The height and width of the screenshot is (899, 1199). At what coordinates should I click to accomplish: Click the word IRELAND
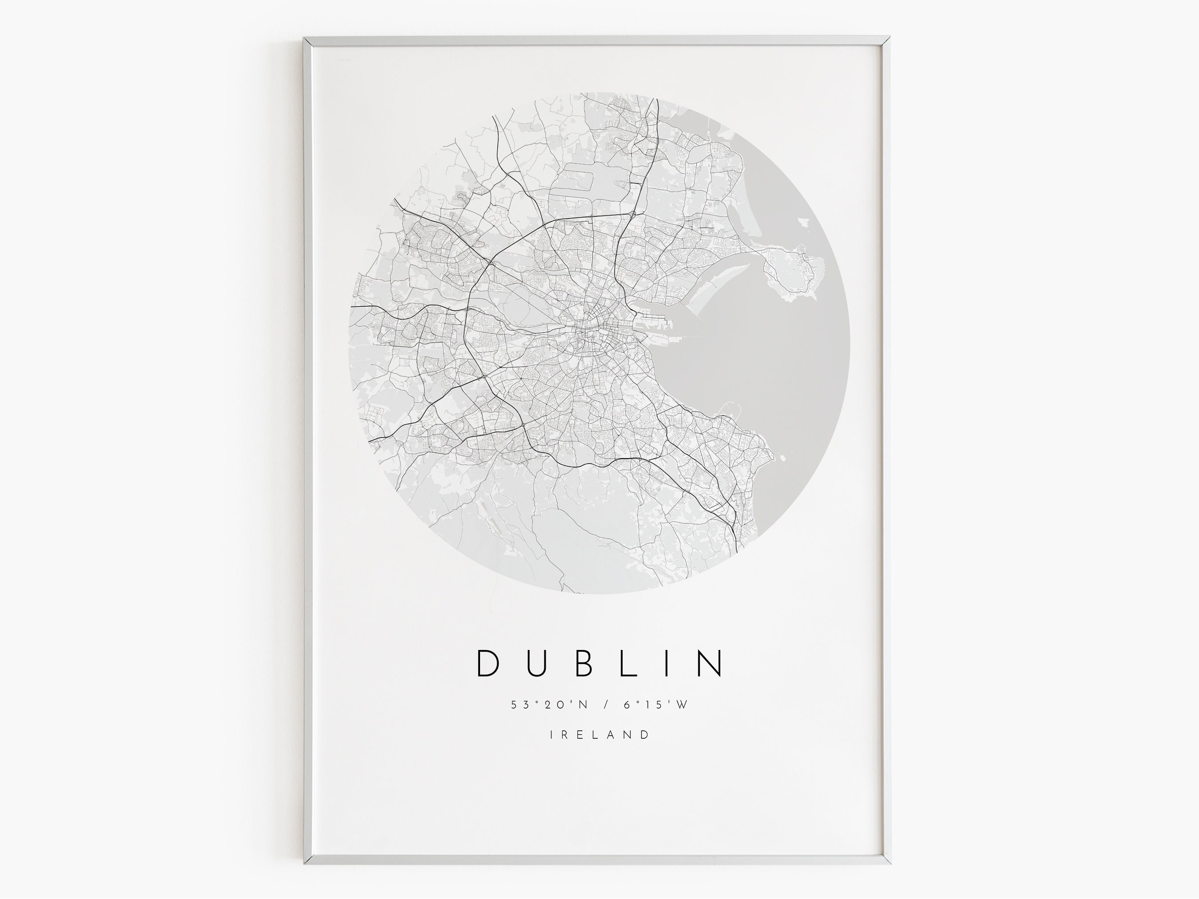click(x=599, y=735)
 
